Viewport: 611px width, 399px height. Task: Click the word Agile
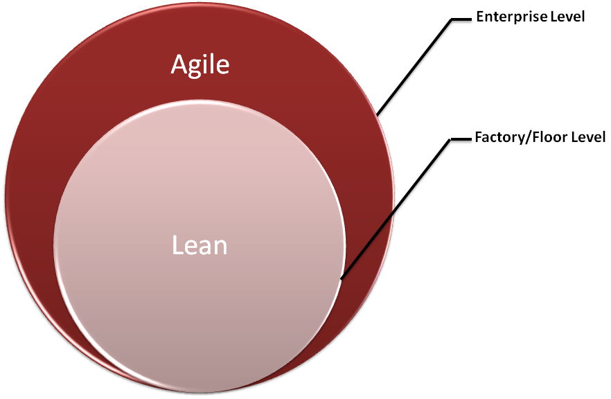tap(200, 66)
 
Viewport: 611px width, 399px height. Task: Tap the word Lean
tap(200, 245)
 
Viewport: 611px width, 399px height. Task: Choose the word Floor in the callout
tap(540, 137)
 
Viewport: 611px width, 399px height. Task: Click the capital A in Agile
tap(179, 66)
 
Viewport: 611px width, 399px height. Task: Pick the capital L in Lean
tap(177, 245)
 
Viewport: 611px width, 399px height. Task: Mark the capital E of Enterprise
tap(479, 17)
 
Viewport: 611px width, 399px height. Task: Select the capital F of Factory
tap(478, 137)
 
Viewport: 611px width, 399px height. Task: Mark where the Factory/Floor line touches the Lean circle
tap(341, 278)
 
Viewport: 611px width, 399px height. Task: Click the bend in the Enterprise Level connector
tap(452, 18)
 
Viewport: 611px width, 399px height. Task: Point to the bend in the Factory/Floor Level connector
tap(451, 139)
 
